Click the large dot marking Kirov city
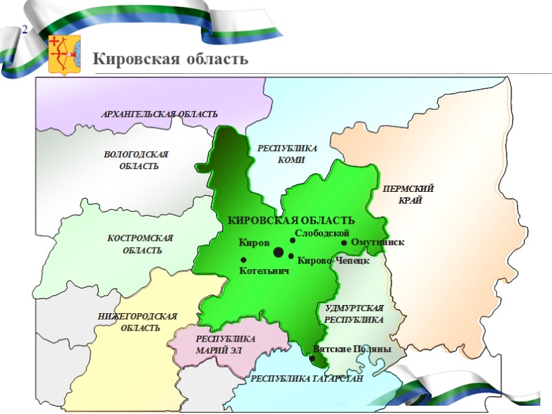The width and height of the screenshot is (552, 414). click(x=279, y=253)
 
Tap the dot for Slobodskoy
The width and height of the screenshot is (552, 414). click(x=293, y=240)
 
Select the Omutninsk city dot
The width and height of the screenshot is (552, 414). click(x=344, y=242)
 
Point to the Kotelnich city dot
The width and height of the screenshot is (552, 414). click(x=244, y=259)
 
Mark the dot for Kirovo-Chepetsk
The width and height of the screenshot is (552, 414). click(x=291, y=257)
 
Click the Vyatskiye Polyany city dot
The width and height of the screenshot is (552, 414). click(x=313, y=357)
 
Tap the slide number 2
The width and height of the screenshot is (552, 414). click(x=25, y=30)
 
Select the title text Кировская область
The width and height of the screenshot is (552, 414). click(x=170, y=59)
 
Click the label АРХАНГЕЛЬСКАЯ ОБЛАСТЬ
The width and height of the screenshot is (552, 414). click(x=159, y=114)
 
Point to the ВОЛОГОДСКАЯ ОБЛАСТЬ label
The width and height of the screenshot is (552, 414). click(x=137, y=160)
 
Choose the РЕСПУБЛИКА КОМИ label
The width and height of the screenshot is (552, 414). click(x=287, y=154)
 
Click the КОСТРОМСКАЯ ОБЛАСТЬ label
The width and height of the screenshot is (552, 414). click(x=141, y=244)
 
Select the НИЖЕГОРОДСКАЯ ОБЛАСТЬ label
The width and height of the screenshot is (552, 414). click(x=138, y=322)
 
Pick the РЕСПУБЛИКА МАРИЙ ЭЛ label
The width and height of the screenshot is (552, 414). click(x=226, y=344)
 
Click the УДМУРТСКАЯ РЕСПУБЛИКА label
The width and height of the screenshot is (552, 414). click(x=354, y=314)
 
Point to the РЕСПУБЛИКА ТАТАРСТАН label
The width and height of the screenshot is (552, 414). click(x=306, y=379)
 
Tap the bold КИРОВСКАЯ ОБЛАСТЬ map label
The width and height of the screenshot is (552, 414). click(x=291, y=220)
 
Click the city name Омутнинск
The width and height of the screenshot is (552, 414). click(x=377, y=242)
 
